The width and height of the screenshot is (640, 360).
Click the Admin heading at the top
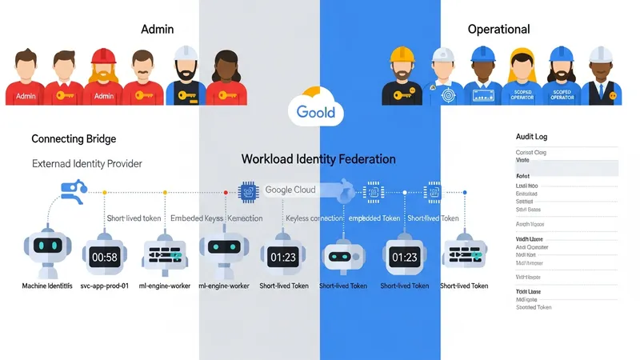click(157, 29)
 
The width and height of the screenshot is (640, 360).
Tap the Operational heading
click(498, 29)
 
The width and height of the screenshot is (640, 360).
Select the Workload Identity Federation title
click(318, 159)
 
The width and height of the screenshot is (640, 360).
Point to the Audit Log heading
click(532, 137)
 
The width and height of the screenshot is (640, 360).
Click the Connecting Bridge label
click(73, 139)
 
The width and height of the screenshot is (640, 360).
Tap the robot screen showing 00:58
click(106, 257)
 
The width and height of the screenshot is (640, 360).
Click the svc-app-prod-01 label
click(106, 286)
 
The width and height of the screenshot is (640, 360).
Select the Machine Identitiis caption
click(47, 286)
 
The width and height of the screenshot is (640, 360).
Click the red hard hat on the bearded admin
click(103, 56)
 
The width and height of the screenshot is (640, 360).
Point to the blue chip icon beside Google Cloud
click(248, 190)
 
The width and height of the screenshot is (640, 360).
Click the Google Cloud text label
click(290, 190)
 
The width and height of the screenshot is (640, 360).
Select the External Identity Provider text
click(86, 163)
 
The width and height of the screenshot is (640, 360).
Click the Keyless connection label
click(314, 218)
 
